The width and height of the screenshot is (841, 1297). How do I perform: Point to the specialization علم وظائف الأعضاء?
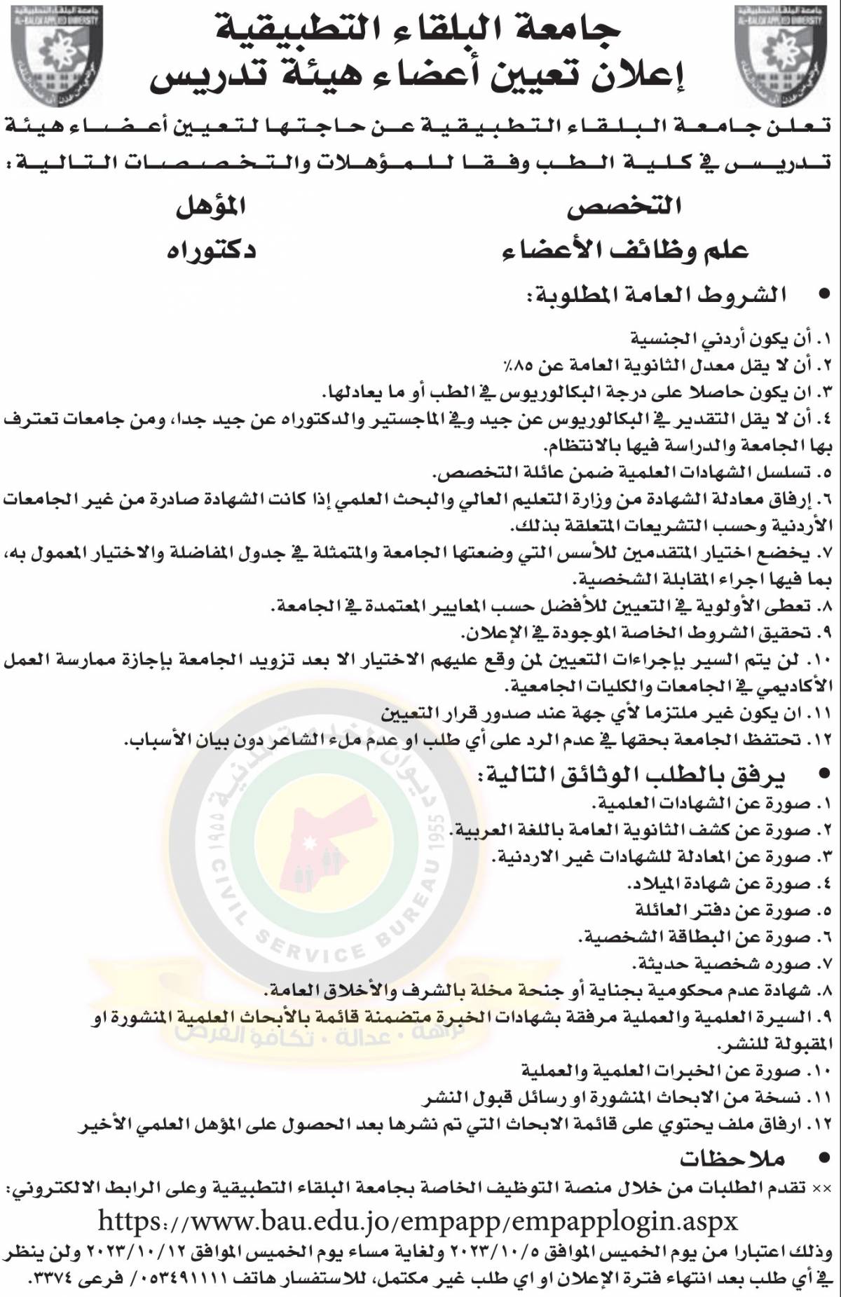coord(625,250)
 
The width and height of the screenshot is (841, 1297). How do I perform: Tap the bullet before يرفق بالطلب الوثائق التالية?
coord(825,776)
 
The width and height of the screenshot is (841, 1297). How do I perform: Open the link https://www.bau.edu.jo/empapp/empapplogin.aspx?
coord(418,1221)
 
